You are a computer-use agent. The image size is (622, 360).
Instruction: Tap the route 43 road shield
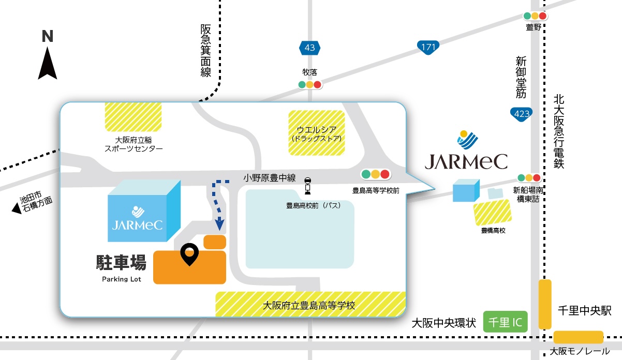(x=309, y=48)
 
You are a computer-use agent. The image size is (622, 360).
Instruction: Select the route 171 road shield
(x=428, y=48)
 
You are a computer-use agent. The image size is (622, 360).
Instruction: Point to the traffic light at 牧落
(x=309, y=84)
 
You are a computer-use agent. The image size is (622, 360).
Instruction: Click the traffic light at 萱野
(x=535, y=16)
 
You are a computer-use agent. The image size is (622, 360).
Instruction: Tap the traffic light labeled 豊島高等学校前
(x=376, y=174)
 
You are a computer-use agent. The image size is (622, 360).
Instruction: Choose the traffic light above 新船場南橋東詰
(x=528, y=177)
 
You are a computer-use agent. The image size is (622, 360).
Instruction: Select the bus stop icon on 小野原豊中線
(x=308, y=186)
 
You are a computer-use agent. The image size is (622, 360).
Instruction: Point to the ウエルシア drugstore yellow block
(x=317, y=132)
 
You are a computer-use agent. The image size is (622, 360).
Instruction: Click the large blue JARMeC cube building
(x=144, y=212)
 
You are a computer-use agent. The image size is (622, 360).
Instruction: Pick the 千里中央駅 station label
(x=585, y=311)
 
